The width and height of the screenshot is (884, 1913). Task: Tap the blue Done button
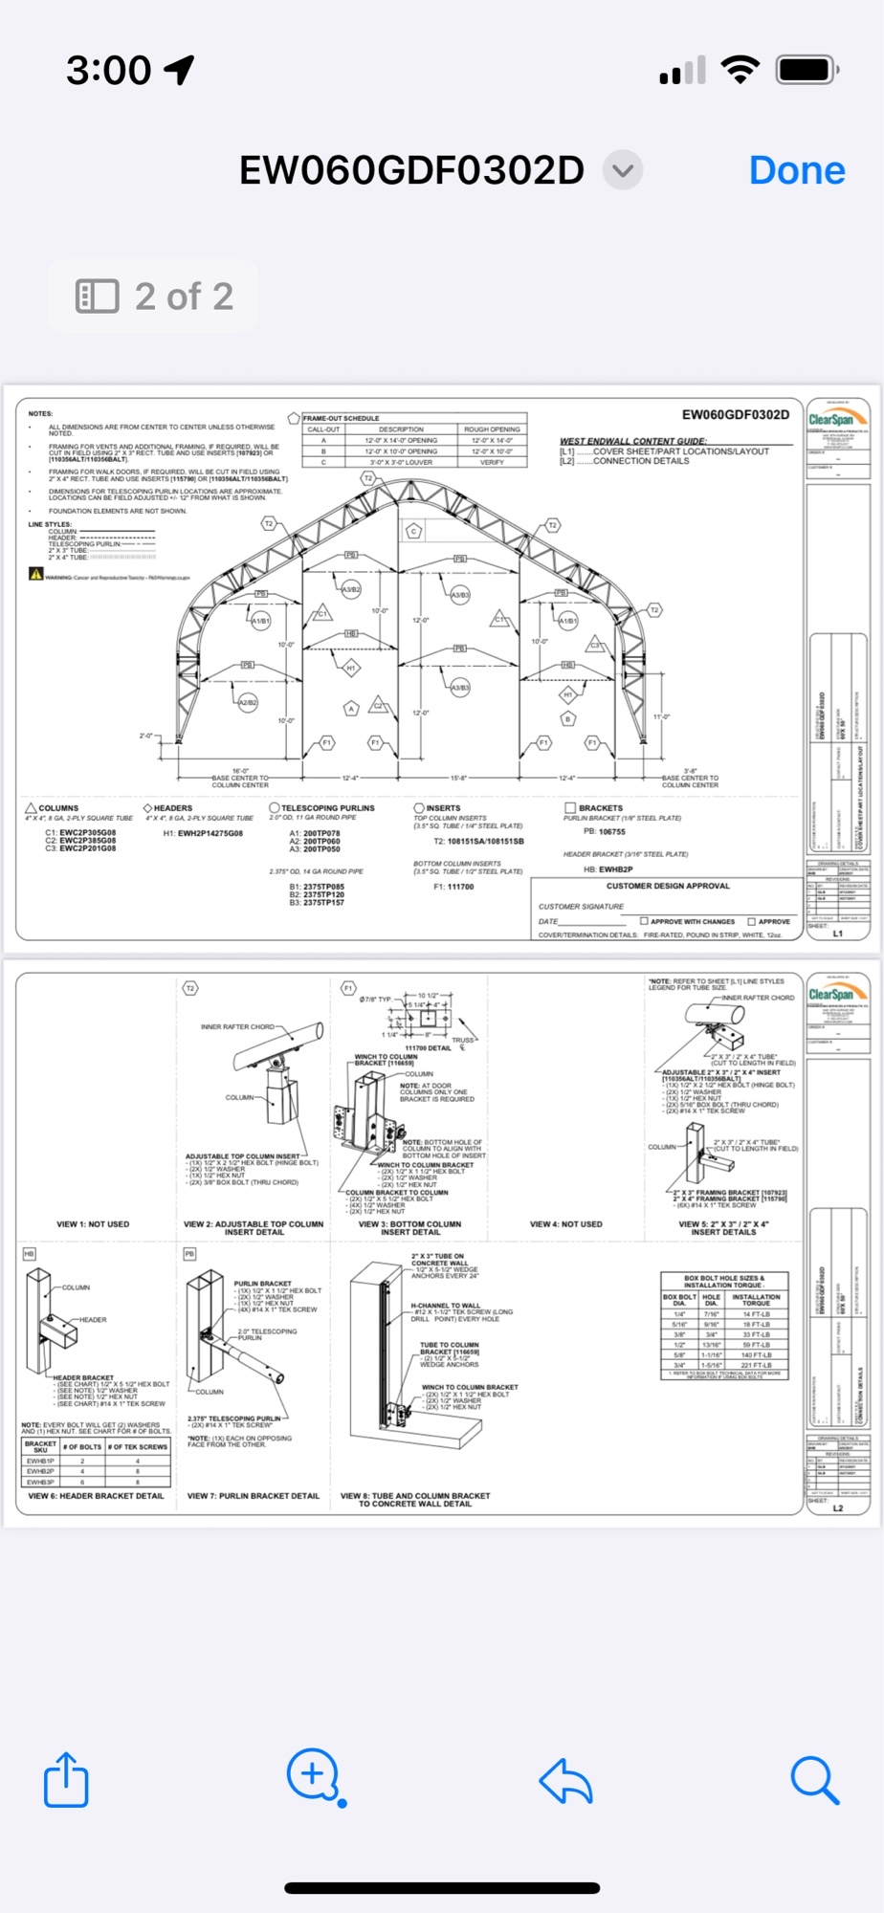[797, 170]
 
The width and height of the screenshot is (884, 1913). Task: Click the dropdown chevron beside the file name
[623, 170]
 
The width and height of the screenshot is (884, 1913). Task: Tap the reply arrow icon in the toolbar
[565, 1781]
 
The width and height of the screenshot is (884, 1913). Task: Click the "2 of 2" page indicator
[184, 297]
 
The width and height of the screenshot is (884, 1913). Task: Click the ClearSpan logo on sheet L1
[837, 418]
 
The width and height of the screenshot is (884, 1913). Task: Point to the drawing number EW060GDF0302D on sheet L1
[735, 414]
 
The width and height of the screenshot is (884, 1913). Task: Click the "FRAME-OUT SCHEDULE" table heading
[342, 418]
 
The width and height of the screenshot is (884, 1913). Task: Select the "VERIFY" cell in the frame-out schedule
[492, 462]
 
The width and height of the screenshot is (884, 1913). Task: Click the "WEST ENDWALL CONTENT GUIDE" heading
[633, 441]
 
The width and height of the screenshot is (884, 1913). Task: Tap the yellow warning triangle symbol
[36, 574]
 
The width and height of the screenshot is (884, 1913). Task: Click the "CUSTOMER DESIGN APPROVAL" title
[668, 886]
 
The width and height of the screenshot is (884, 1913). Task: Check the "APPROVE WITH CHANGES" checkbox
[644, 921]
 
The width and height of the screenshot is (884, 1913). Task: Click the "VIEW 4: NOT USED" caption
[566, 1224]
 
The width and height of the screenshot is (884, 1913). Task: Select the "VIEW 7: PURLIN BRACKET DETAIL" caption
[254, 1496]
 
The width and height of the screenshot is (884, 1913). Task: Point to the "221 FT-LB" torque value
[756, 1365]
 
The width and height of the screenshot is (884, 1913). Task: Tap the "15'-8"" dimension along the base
[458, 778]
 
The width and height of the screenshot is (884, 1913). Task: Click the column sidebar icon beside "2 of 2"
[97, 297]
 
